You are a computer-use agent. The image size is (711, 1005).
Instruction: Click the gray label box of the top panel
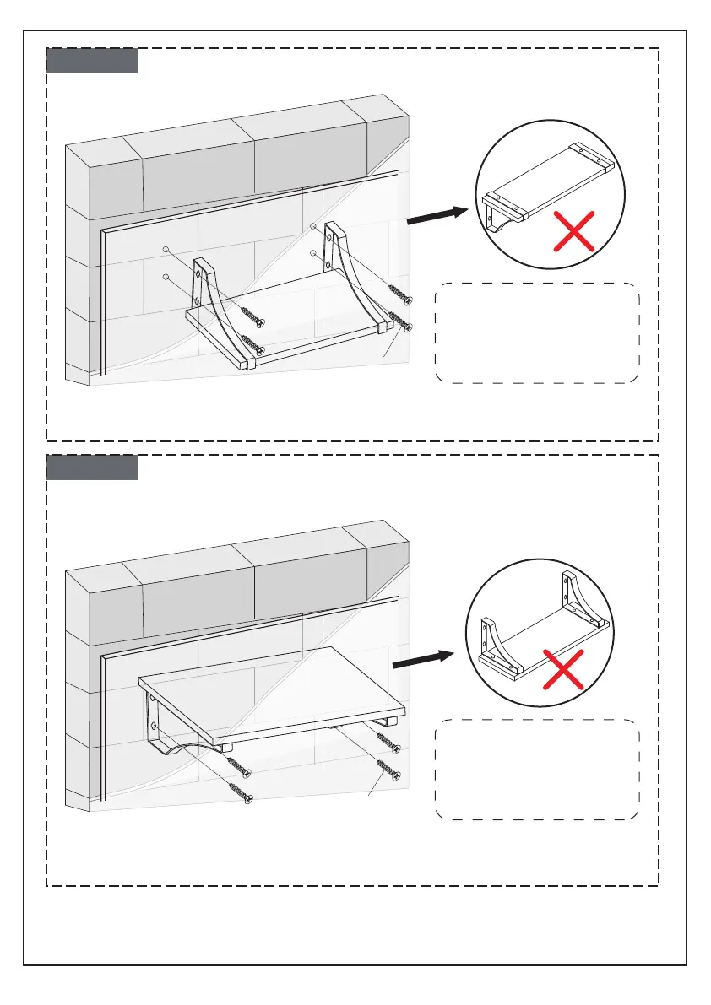(x=92, y=61)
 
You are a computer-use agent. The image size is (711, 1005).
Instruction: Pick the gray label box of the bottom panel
(x=92, y=467)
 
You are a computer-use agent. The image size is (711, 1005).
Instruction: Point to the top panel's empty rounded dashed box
(x=537, y=333)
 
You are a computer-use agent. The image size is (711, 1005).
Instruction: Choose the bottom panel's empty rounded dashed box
(x=537, y=769)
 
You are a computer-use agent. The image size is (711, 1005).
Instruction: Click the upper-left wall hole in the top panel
(x=166, y=250)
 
